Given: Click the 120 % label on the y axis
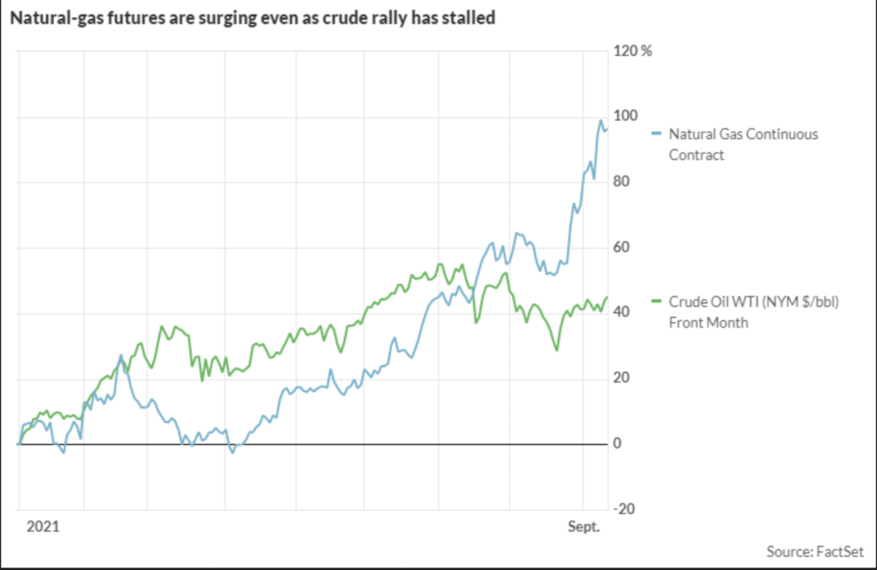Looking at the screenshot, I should [x=634, y=51].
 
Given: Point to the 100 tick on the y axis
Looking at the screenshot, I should [x=626, y=117].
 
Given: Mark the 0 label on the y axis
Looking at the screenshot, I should [x=620, y=444].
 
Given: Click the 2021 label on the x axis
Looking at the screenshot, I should [x=41, y=525].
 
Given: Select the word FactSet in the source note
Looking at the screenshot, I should [x=839, y=550].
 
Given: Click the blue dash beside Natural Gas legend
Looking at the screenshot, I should [x=657, y=135].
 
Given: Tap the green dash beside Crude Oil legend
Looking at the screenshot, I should [x=657, y=302].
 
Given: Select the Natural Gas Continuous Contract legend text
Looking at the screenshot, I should [x=742, y=144].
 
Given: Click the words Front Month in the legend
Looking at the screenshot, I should [x=708, y=322].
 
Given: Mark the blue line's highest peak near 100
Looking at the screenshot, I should [x=600, y=121].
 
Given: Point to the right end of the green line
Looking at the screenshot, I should [x=607, y=297].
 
